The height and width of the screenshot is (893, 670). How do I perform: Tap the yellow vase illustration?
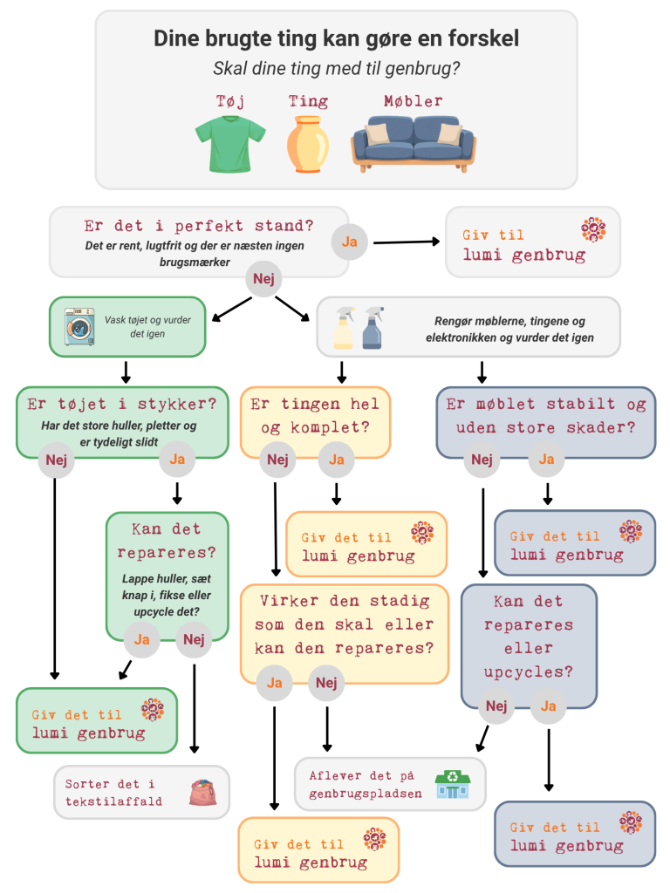tap(308, 144)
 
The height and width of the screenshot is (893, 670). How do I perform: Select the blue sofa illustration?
tap(414, 144)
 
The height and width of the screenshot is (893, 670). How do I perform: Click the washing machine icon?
tap(79, 326)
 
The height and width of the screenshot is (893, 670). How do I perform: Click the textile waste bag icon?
tap(203, 792)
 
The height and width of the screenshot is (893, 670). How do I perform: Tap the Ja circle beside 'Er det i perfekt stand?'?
tap(349, 242)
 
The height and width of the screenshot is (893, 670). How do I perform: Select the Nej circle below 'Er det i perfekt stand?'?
tap(263, 278)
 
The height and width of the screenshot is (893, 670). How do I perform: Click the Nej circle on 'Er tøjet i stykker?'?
tap(56, 460)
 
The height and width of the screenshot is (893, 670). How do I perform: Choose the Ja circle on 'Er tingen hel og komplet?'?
tap(336, 460)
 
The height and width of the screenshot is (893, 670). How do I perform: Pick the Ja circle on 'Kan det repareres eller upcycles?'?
tap(548, 706)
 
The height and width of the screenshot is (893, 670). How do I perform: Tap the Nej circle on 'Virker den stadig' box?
tap(326, 682)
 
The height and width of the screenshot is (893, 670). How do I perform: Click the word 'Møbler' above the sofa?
tap(413, 101)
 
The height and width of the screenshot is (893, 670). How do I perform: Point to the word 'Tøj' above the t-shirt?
tap(230, 102)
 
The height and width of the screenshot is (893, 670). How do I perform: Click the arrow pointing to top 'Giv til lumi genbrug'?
tap(407, 242)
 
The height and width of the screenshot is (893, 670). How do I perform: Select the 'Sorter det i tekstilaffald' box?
tap(142, 792)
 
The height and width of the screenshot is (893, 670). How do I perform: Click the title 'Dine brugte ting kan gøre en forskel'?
tap(336, 38)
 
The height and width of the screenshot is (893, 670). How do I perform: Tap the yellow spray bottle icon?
tap(344, 328)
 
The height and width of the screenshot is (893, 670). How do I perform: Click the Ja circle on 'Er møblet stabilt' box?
tap(546, 460)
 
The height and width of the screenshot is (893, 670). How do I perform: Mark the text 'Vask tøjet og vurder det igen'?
tap(147, 327)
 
